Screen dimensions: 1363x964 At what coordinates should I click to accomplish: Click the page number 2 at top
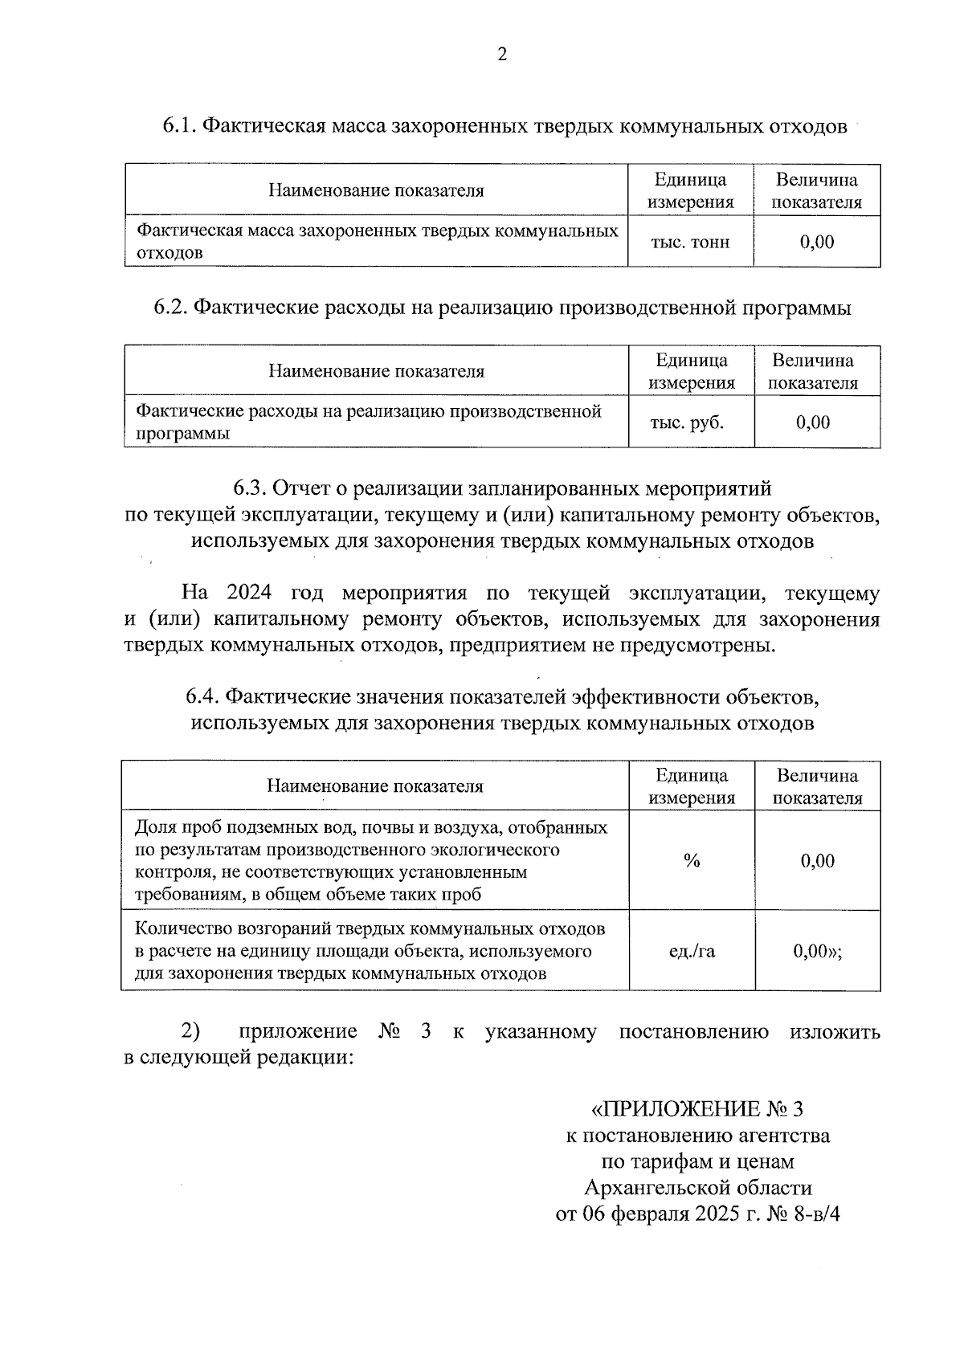pos(502,55)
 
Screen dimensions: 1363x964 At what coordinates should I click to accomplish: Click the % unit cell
pos(692,861)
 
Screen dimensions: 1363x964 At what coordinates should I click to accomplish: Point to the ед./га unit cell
pos(692,952)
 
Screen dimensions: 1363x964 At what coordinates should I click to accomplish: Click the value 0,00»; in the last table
pos(818,952)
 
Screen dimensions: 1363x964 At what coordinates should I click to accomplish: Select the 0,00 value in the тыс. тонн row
pos(817,242)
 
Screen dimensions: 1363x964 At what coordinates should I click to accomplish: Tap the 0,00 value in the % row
pos(818,861)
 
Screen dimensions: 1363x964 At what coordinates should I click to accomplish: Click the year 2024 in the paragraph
pos(249,594)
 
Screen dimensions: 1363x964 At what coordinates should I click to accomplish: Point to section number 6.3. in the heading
pos(251,488)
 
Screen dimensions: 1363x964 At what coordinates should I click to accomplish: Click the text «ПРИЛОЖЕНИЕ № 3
pos(696,1109)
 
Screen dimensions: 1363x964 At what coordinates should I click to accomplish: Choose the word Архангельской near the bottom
pos(647,1187)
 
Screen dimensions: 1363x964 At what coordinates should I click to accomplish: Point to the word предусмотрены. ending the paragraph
pos(697,646)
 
